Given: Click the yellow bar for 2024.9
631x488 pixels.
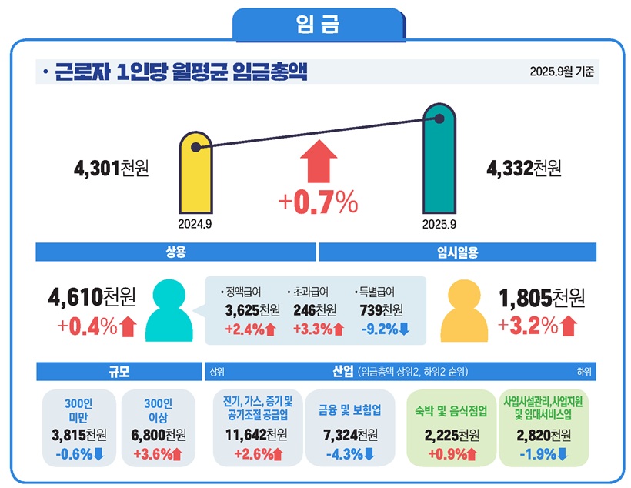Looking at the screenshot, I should pyautogui.click(x=195, y=173).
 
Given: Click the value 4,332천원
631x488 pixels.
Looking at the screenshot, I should pyautogui.click(x=523, y=168).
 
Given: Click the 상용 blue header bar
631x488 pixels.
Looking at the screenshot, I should pyautogui.click(x=176, y=252).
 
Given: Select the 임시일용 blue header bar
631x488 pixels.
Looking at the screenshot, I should pyautogui.click(x=458, y=252).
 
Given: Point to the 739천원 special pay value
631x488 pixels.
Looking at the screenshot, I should pyautogui.click(x=382, y=311).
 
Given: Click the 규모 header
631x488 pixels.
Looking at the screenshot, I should pyautogui.click(x=119, y=371).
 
